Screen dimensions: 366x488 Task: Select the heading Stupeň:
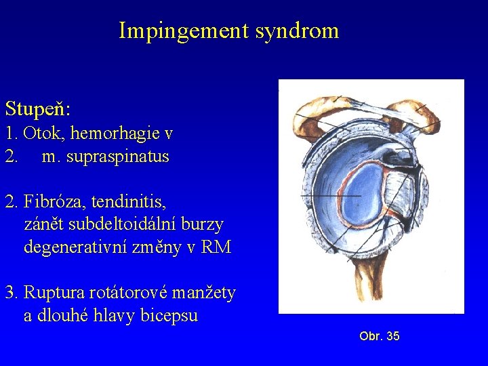[x=38, y=108]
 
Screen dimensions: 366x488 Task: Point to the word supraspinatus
[x=117, y=157]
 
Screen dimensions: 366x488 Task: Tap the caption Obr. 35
[x=379, y=336]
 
